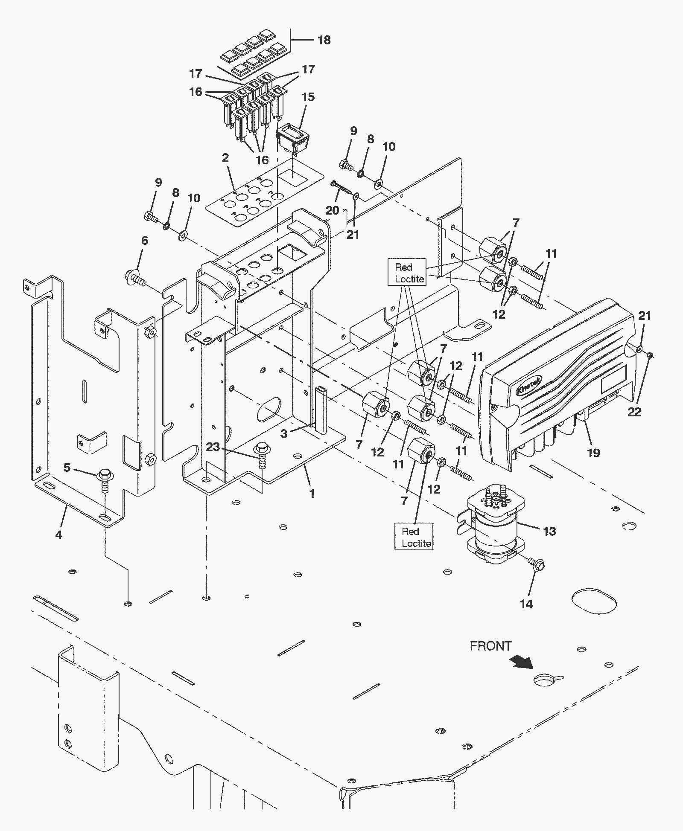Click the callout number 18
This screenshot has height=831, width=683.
pyautogui.click(x=324, y=40)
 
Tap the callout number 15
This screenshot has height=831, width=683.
pyautogui.click(x=308, y=97)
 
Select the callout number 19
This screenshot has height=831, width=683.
pyautogui.click(x=593, y=453)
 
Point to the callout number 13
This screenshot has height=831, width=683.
pyautogui.click(x=549, y=531)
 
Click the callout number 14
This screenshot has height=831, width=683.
pyautogui.click(x=526, y=604)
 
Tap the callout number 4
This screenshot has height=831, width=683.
pyautogui.click(x=58, y=534)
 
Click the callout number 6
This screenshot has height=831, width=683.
pyautogui.click(x=145, y=241)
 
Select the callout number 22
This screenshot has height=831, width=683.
pyautogui.click(x=634, y=412)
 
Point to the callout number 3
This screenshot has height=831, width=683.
pyautogui.click(x=284, y=433)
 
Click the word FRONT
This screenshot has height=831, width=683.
pyautogui.click(x=490, y=646)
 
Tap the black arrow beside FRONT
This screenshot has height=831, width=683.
pyautogui.click(x=522, y=662)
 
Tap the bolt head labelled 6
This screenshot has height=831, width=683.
pyautogui.click(x=136, y=277)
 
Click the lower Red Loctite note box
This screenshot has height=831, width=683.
pyautogui.click(x=414, y=537)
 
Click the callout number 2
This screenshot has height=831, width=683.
pyautogui.click(x=225, y=158)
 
